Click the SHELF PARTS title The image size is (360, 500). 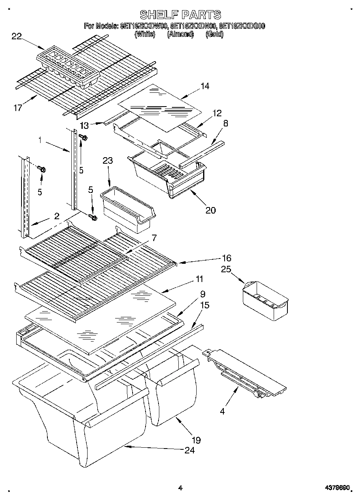180,15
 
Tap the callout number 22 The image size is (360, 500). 17,36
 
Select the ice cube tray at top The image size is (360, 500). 68,67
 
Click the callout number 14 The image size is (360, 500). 205,86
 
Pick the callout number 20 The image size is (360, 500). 210,210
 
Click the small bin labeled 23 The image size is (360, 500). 127,208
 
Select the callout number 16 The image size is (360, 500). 226,258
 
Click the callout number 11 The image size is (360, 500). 199,279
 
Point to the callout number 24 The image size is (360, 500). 189,450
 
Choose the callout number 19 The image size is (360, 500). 196,440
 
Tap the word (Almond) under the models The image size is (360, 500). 180,34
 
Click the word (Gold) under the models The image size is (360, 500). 214,34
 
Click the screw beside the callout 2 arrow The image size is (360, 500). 93,218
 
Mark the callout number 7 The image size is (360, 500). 154,238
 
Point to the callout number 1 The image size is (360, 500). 40,140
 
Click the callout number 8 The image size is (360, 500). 225,123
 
